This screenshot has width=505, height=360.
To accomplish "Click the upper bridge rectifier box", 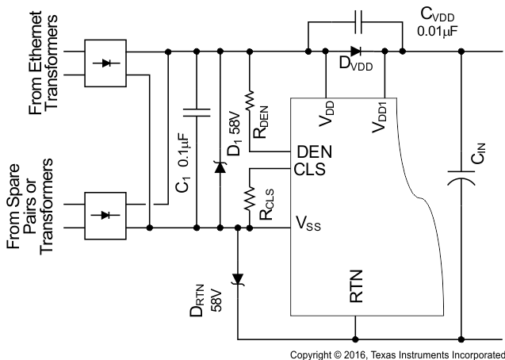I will tap(106, 63).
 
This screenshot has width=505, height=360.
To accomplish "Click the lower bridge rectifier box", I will tap(106, 216).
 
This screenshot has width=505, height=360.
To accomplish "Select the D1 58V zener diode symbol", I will tap(218, 167).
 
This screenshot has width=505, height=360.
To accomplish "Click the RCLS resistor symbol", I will tap(250, 197).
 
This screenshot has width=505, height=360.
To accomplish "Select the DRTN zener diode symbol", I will tap(237, 278).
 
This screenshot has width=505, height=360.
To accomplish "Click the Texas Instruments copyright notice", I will tap(397, 354).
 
